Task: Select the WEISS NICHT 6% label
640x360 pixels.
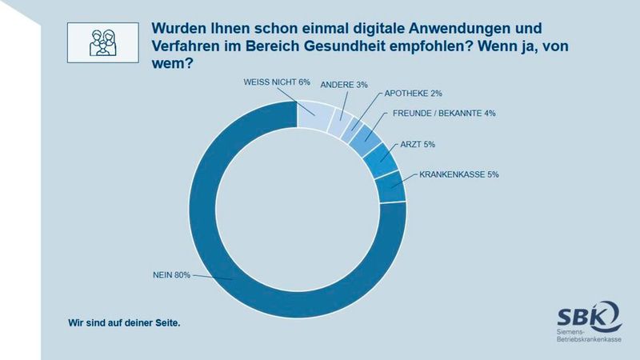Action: (x=276, y=82)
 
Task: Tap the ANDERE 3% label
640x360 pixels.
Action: (x=344, y=84)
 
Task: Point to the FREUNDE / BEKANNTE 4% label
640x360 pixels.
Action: (x=444, y=113)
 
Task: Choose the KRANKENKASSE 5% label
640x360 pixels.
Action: (x=460, y=174)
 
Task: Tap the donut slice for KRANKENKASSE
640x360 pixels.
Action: (x=390, y=186)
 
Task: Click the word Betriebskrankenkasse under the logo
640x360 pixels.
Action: (x=588, y=340)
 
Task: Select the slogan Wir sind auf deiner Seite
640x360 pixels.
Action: (x=124, y=324)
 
